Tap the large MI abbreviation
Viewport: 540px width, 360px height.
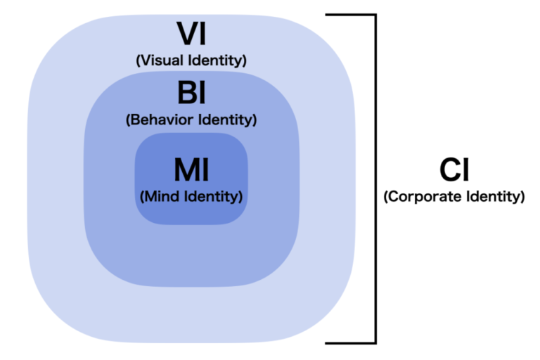point(191,169)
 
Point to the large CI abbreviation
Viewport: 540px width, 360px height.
point(454,170)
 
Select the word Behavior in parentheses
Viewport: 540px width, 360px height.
point(167,120)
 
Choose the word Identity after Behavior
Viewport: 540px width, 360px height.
point(226,120)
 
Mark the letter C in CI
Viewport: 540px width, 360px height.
point(449,170)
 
